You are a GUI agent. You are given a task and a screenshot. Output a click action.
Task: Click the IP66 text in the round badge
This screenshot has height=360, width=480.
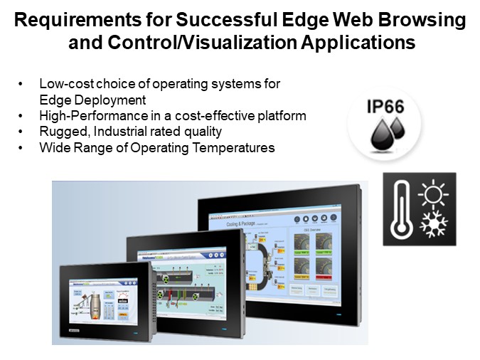pos(385,108)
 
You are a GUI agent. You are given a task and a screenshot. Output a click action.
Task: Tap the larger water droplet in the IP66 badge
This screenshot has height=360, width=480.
pos(378,133)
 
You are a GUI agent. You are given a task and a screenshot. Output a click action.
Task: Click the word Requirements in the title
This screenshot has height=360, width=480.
pos(73,21)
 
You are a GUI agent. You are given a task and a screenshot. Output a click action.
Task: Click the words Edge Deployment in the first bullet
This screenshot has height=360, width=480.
pos(92,100)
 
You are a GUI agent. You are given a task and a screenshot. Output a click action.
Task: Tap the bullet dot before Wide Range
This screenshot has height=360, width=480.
pos(23,148)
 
